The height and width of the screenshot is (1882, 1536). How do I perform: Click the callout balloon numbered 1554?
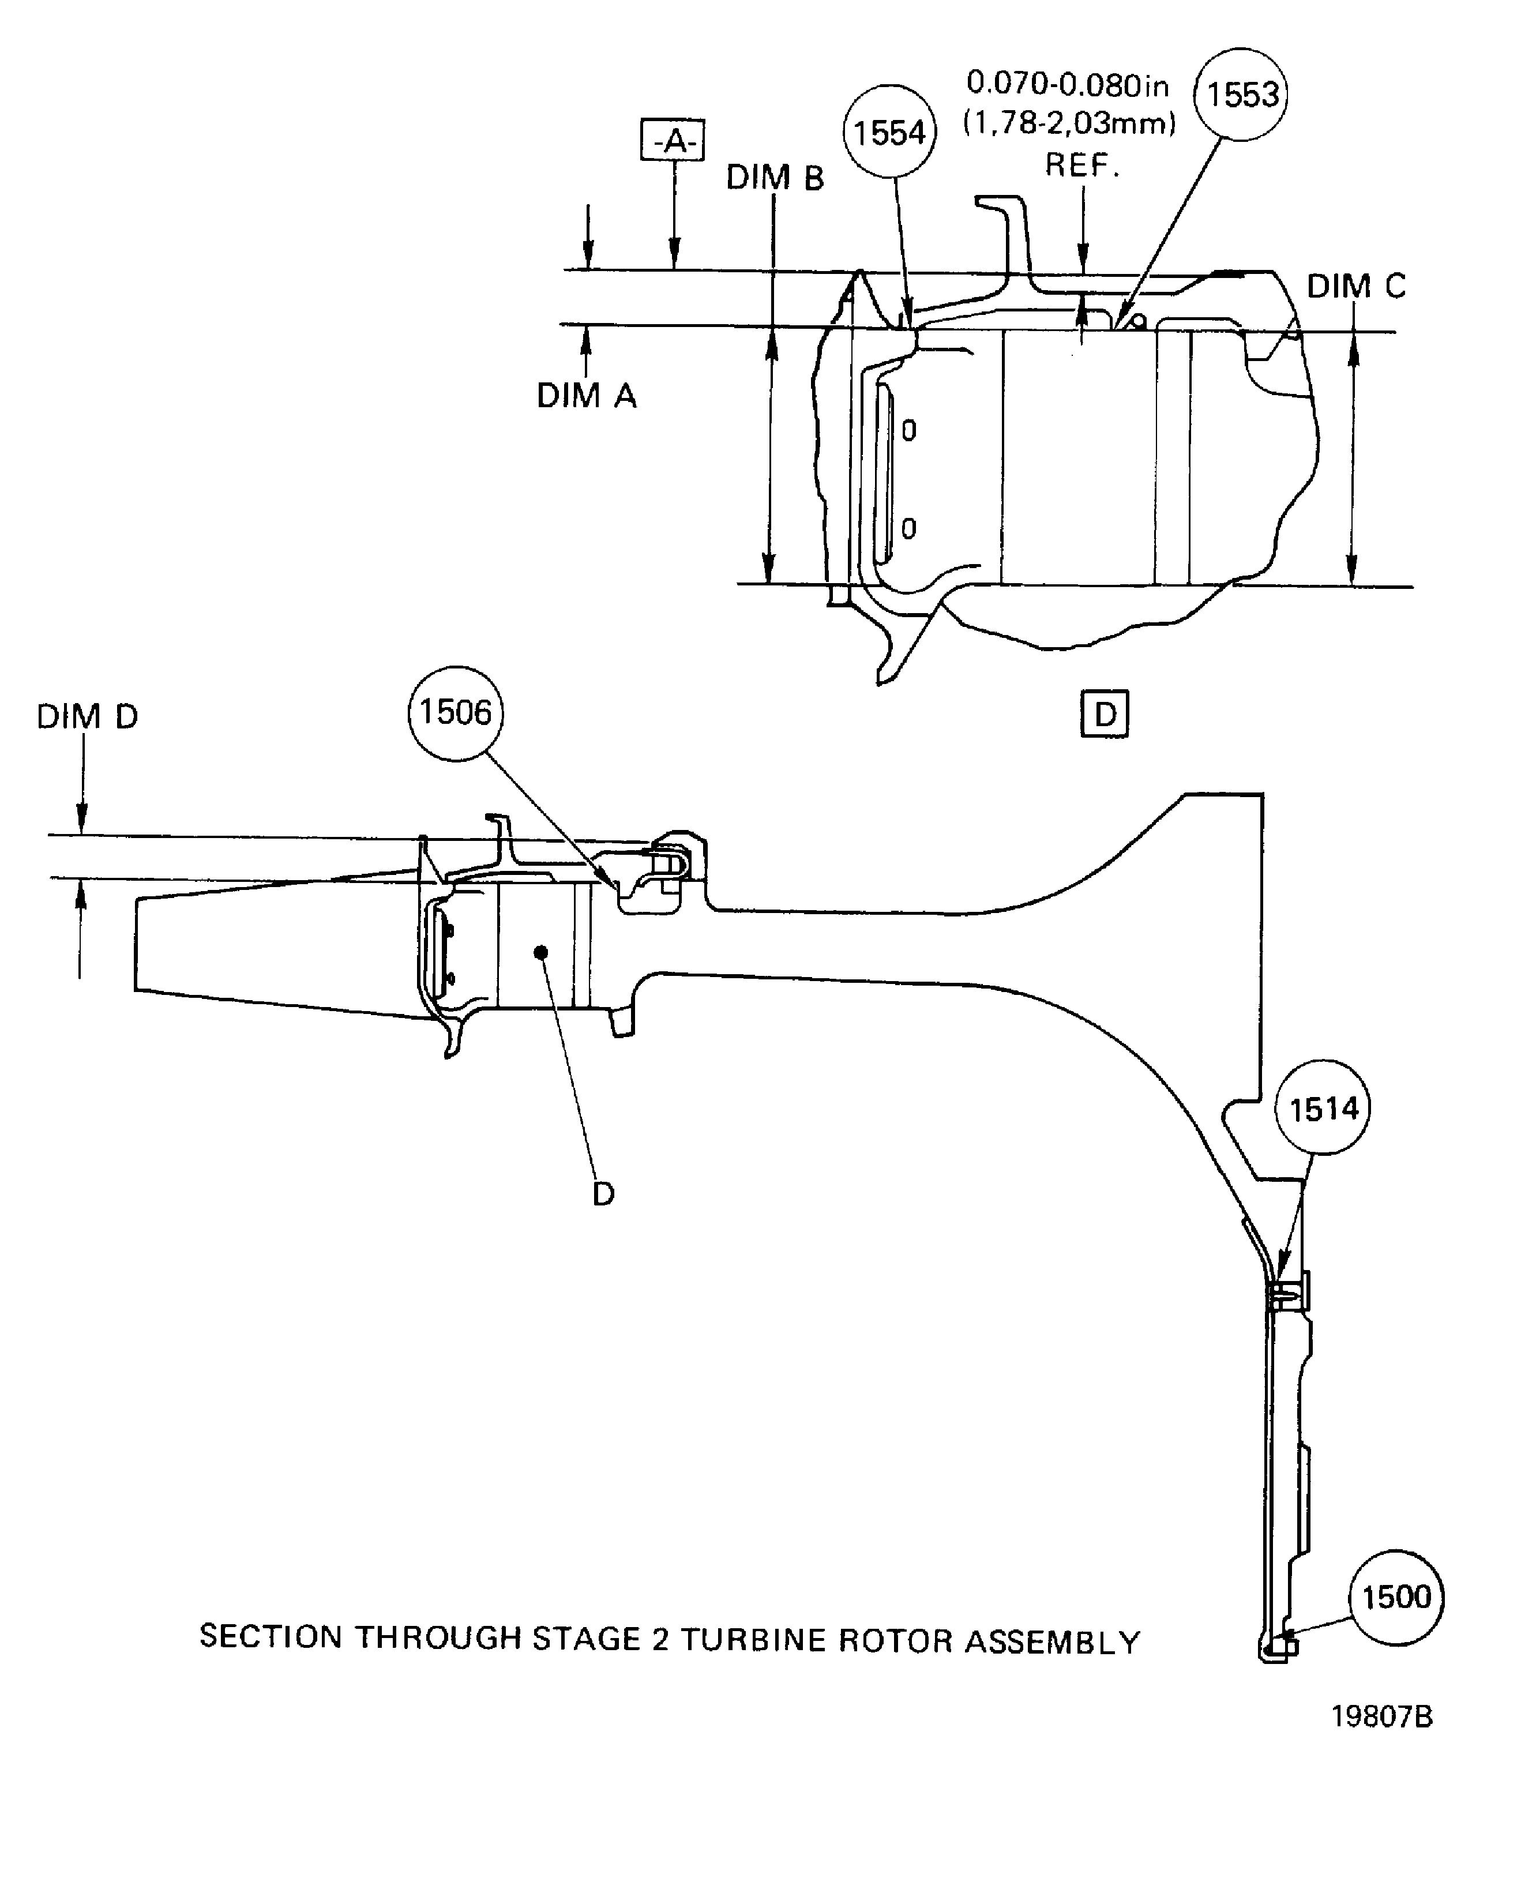[889, 133]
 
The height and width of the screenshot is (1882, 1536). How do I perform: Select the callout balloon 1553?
[1241, 95]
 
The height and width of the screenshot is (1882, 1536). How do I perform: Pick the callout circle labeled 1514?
[1322, 1109]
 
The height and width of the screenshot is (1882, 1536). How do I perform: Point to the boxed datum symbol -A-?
[673, 140]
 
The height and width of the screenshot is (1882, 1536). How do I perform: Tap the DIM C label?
[1355, 286]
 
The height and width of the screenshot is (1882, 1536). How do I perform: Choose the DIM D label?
[87, 717]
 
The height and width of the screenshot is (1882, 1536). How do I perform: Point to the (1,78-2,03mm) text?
[1069, 124]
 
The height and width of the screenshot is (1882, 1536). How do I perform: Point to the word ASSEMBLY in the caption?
[1052, 1641]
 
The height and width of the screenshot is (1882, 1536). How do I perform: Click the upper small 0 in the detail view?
[908, 431]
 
